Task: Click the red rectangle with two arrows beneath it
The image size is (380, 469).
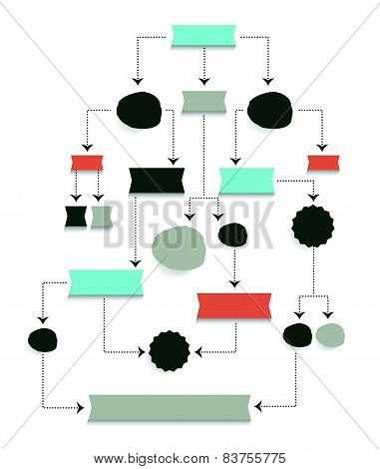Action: point(82,162)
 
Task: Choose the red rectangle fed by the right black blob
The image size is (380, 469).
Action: point(320,162)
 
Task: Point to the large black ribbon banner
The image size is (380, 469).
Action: point(158,180)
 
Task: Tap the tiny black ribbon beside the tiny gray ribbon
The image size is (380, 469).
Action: point(76,216)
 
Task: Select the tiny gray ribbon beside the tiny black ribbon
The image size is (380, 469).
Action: point(101,216)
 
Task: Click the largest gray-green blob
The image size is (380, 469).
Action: point(179,246)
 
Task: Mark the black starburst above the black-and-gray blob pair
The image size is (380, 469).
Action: point(309,226)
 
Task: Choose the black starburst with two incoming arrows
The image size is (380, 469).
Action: point(167,349)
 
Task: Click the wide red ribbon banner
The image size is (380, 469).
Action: point(234,305)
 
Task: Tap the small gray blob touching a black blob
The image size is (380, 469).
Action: point(329,334)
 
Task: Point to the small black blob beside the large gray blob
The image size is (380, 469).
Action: point(231,234)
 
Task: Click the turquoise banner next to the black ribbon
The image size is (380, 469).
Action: point(245,180)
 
